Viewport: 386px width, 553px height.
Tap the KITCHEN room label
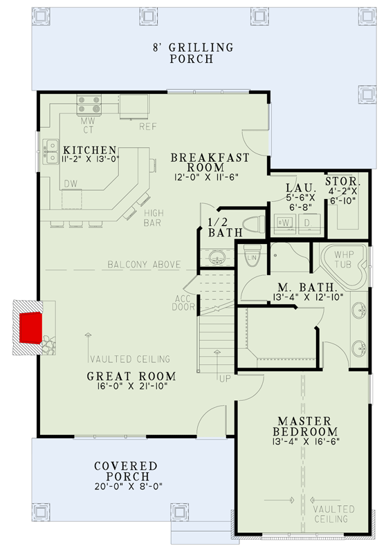tap(89, 150)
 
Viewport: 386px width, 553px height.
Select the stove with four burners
tap(89, 104)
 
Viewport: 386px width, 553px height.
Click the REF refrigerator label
tap(147, 126)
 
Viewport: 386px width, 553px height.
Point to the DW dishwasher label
tap(71, 183)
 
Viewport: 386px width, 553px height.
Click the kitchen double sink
tap(51, 151)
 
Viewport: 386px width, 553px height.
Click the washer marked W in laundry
tap(284, 223)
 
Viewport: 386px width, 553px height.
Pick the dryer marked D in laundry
tap(309, 223)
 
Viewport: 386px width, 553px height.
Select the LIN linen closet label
tap(252, 259)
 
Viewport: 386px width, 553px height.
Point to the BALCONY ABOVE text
tap(144, 265)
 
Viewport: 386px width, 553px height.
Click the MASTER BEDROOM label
tap(304, 426)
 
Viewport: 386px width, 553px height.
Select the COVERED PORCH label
tap(125, 472)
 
